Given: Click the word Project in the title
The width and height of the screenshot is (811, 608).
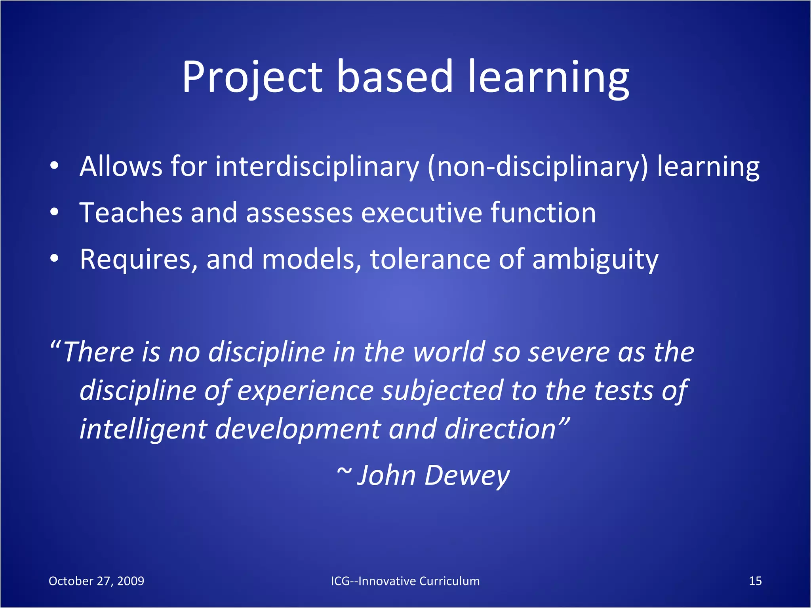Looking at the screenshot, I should click(252, 77).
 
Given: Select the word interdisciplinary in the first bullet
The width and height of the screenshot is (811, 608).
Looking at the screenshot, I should click(317, 166).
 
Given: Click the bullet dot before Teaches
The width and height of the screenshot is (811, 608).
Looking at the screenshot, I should click(55, 212).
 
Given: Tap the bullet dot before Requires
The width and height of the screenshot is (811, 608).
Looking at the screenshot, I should click(55, 259).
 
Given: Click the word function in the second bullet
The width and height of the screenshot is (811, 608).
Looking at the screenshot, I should click(543, 213).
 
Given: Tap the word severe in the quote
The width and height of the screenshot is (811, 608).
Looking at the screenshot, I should click(568, 352).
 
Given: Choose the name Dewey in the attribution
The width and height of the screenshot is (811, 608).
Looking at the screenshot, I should click(467, 475).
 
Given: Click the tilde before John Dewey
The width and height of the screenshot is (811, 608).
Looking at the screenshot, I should click(344, 472).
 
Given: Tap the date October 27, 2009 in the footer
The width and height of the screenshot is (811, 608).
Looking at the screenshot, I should click(96, 581).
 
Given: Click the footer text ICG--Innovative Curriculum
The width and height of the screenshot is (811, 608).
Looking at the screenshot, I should click(405, 581).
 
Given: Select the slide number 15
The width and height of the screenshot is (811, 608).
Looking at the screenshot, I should click(755, 581).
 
